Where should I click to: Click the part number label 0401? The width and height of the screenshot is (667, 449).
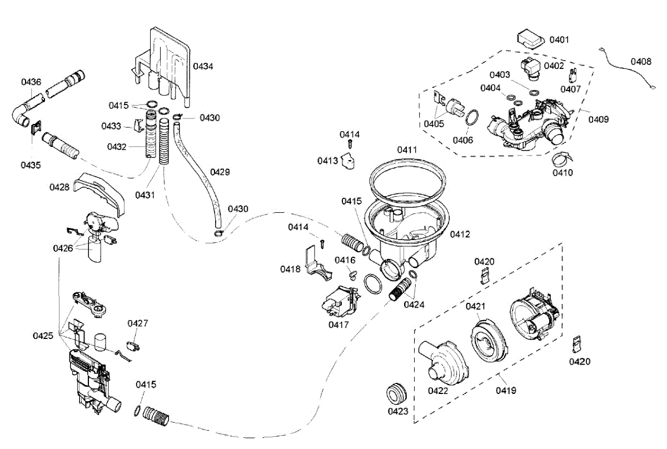(559, 39)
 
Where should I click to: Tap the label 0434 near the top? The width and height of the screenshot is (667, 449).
(203, 66)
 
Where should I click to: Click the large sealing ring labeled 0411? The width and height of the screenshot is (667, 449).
(408, 176)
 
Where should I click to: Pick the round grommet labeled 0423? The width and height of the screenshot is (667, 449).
(397, 393)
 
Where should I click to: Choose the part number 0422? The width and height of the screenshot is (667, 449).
(438, 390)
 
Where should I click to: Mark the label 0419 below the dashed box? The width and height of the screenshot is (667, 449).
(506, 390)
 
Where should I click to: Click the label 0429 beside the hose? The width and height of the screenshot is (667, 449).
(220, 172)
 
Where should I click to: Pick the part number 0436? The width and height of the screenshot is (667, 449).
(31, 82)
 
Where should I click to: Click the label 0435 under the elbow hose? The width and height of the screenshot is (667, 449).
(31, 164)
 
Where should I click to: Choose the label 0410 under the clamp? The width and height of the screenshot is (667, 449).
(563, 172)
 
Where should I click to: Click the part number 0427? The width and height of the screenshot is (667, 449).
(137, 323)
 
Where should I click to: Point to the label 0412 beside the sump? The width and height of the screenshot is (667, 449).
(460, 234)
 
